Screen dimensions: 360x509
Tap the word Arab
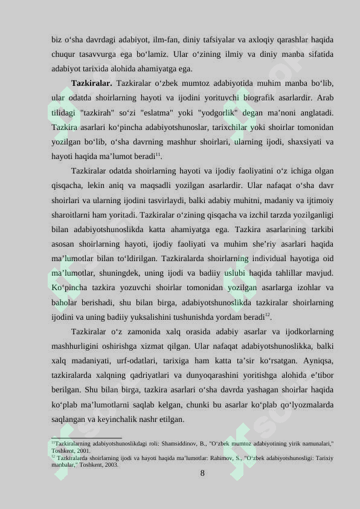pos(326,97)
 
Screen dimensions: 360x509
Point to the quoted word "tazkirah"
pos(95,112)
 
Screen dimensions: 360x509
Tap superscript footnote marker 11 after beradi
pos(158,155)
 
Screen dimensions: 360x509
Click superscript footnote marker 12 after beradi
pos(268,315)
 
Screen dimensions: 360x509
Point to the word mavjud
pos(319,273)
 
